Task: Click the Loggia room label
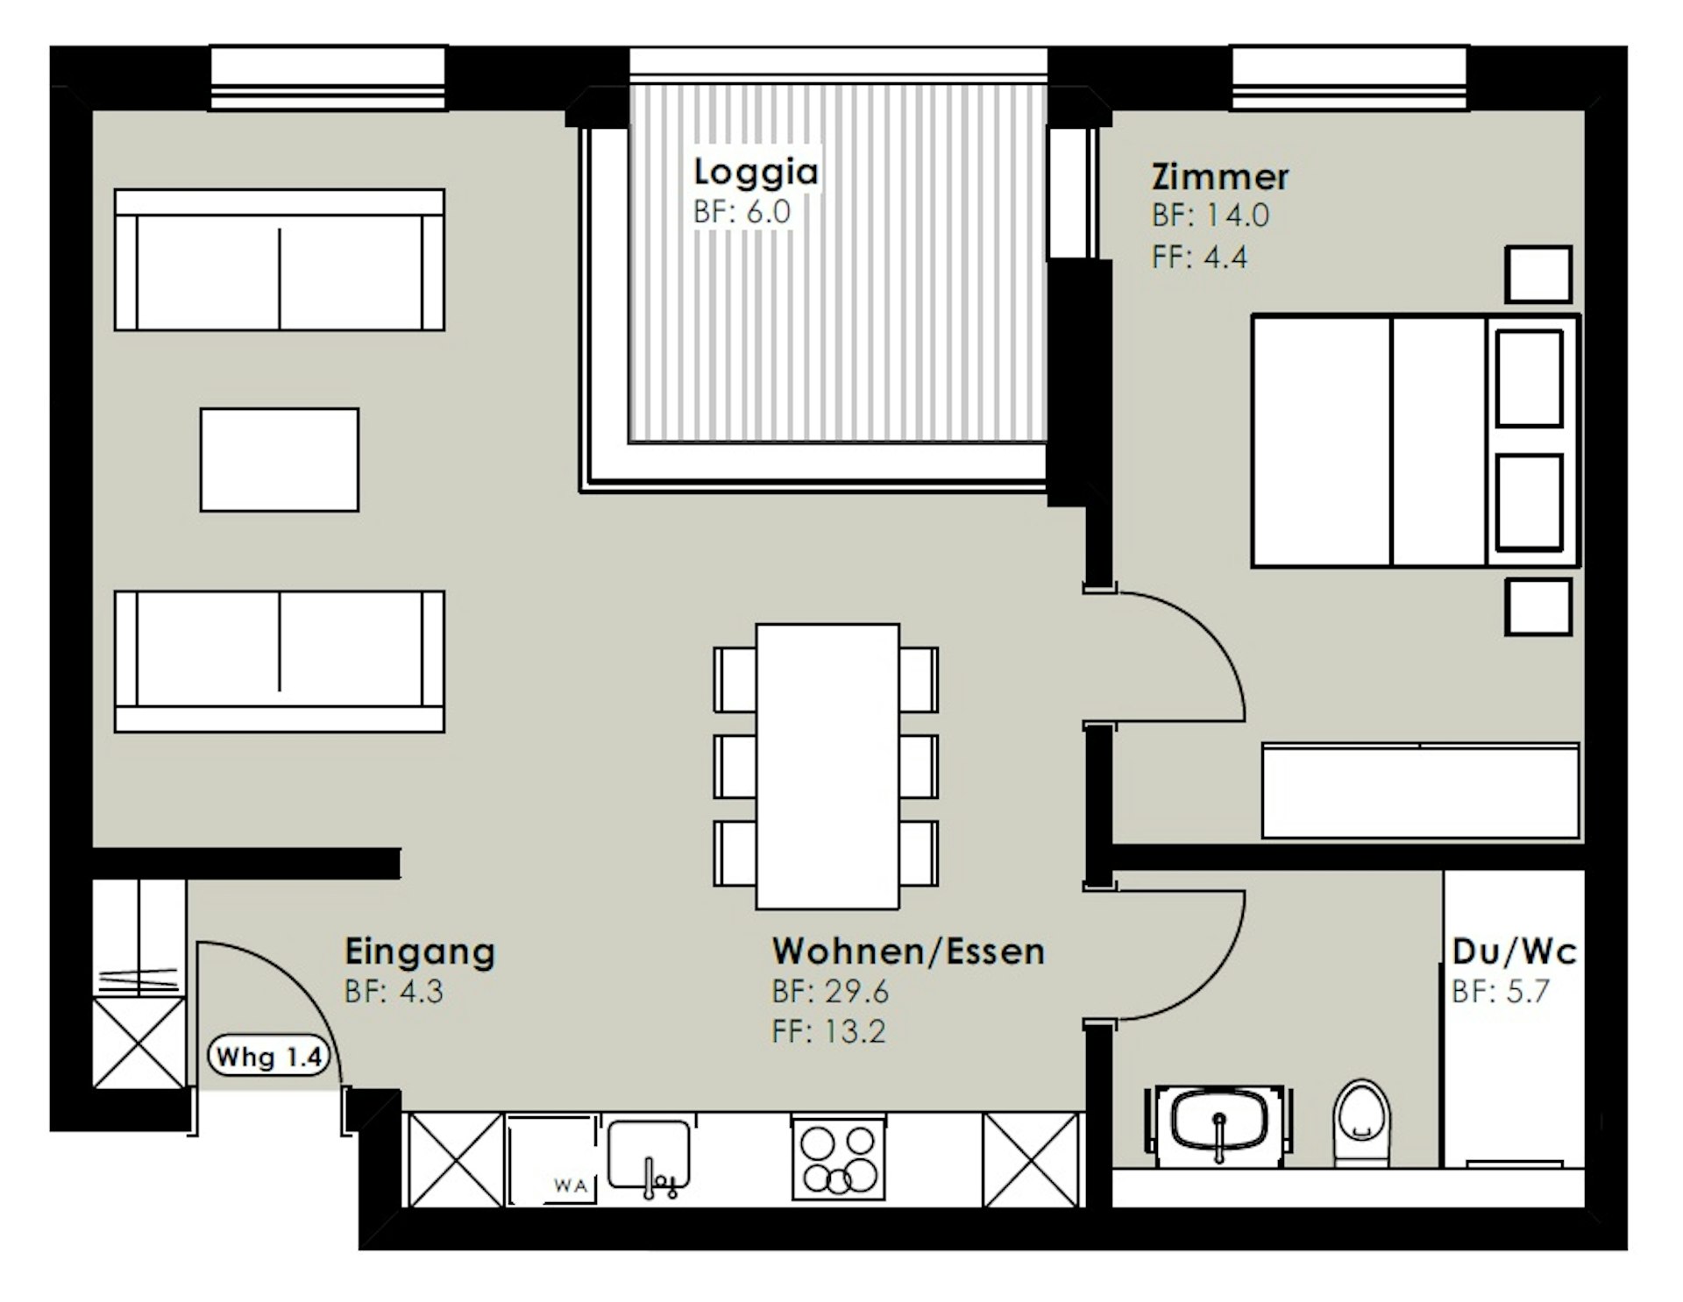coord(756,172)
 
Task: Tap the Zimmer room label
coord(1219,177)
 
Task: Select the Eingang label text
coord(420,952)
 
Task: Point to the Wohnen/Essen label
coord(908,952)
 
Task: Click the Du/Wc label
coord(1514,952)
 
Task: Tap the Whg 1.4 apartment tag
coord(269,1057)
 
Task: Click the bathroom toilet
coord(1361,1122)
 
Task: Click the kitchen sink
coord(650,1156)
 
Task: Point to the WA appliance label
coord(571,1186)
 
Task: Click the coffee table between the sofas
coord(280,460)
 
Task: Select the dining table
coord(827,766)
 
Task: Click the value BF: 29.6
coord(830,992)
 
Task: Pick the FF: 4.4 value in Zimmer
coord(1199,258)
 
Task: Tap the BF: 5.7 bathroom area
coord(1501,992)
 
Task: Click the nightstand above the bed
coord(1538,274)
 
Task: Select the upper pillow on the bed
coord(1530,379)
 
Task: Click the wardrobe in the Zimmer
coord(1421,791)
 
